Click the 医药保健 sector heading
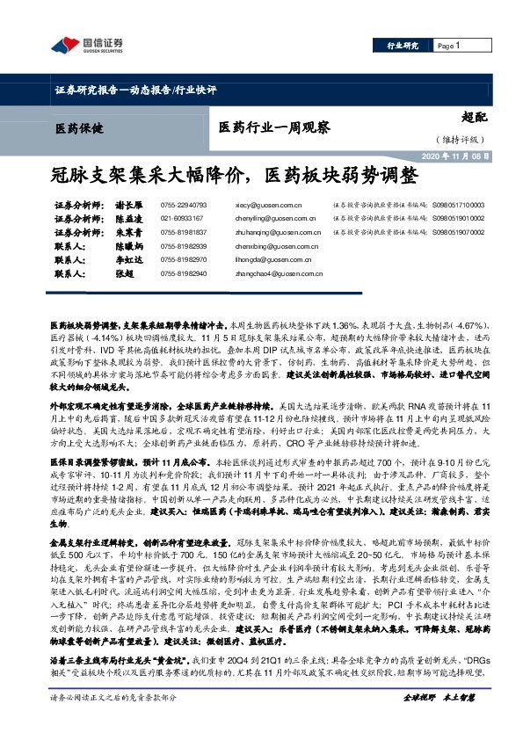tap(77, 128)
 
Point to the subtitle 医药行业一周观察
tap(273, 128)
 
